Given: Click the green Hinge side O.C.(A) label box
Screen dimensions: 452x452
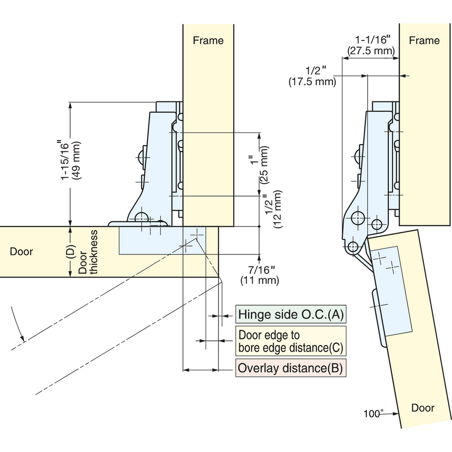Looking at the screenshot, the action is pos(291,314).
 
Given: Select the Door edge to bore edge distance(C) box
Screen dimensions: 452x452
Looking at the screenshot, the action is pos(291,341).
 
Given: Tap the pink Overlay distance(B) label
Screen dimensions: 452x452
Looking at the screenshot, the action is pos(291,368).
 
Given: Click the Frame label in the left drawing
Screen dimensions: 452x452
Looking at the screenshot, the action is pos(208,40).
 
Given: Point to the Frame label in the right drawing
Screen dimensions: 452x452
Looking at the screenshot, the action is pos(424,40).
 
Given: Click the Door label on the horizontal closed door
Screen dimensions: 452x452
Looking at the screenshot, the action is pos(21,251).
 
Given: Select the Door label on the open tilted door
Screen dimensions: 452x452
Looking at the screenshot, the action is pos(423,408).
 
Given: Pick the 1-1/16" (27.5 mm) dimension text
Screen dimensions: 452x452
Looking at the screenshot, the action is pos(371,45).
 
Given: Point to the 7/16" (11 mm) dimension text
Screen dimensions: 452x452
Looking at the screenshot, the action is pos(260,275).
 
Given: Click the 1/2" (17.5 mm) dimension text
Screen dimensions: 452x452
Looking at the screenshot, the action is pos(313,76).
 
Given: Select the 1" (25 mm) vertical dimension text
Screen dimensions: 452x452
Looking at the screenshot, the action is pos(259,165).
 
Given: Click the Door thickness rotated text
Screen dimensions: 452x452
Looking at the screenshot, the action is pos(88,252).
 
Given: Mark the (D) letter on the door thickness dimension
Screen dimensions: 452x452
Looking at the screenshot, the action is pos(70,252).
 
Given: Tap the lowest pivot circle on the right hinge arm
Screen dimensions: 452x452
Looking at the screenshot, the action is pos(353,247).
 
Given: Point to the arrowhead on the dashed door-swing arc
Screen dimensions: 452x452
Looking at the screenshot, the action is pos(22,338).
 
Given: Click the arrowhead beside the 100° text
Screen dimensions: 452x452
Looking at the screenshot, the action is pos(395,413).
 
